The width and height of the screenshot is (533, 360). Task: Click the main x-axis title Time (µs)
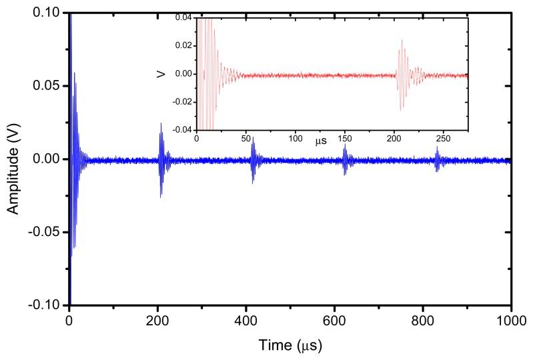coord(290,347)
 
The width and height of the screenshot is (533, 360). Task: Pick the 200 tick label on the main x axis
coord(157,319)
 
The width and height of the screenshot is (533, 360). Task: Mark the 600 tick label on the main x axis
coord(334,319)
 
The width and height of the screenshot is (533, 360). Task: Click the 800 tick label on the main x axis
coord(423,319)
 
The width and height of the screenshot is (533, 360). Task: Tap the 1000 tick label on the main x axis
coord(510,319)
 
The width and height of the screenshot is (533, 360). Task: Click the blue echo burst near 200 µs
coord(161,160)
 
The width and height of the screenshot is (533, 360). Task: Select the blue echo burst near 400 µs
coord(253,160)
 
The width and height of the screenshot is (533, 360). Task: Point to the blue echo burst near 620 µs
coord(345,160)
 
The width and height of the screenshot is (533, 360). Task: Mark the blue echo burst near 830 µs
coord(437,160)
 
